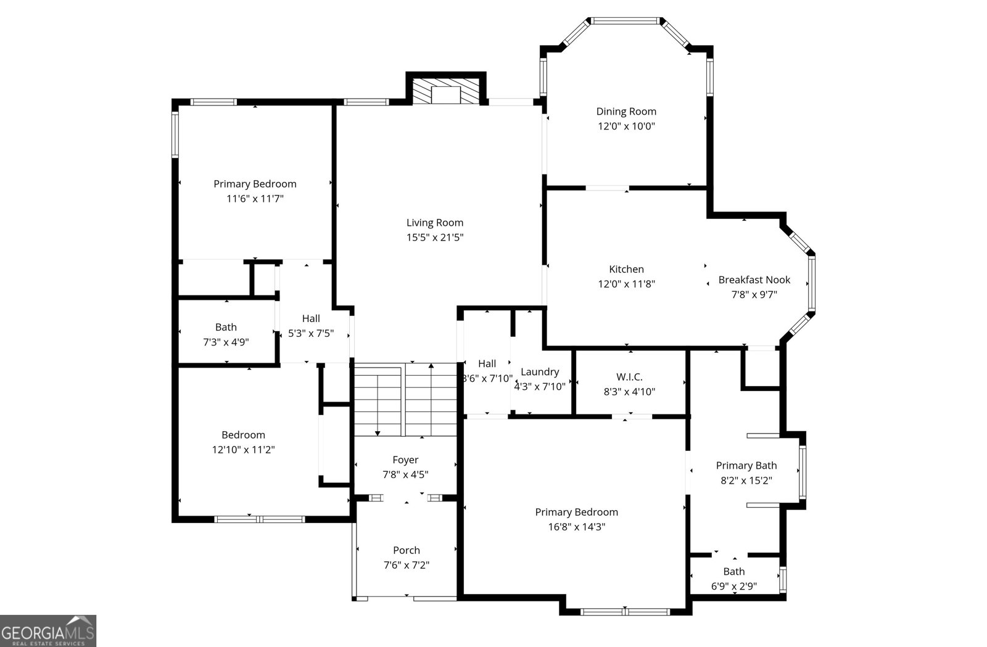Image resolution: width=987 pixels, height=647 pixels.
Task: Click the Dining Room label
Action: [626, 112]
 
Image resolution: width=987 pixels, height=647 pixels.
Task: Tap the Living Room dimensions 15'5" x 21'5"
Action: [434, 237]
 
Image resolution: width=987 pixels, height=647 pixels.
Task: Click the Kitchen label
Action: [626, 269]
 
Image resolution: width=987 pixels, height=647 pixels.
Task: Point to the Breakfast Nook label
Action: [754, 280]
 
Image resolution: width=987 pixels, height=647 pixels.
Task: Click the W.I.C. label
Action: [629, 377]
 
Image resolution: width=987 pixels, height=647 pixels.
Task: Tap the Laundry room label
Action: [540, 372]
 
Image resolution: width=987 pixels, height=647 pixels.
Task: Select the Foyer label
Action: [405, 460]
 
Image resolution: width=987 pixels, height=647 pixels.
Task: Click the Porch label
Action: [406, 550]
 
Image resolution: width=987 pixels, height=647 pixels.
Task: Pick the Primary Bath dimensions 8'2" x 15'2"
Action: [746, 480]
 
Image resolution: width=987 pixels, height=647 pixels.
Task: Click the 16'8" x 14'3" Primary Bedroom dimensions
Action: [576, 527]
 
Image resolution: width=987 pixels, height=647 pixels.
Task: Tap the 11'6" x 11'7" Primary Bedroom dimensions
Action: [255, 199]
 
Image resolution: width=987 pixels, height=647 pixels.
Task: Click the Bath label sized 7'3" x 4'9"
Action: [226, 328]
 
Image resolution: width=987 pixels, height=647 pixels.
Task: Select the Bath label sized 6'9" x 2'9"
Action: [733, 572]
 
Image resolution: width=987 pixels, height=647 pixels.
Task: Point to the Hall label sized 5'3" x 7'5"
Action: [311, 319]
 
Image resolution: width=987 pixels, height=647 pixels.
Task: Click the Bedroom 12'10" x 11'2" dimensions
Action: [243, 450]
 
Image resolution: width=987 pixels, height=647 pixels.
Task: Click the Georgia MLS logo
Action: [48, 631]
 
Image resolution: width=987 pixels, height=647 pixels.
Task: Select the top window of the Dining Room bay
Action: [625, 21]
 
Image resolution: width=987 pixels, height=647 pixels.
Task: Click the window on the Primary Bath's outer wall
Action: [802, 472]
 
